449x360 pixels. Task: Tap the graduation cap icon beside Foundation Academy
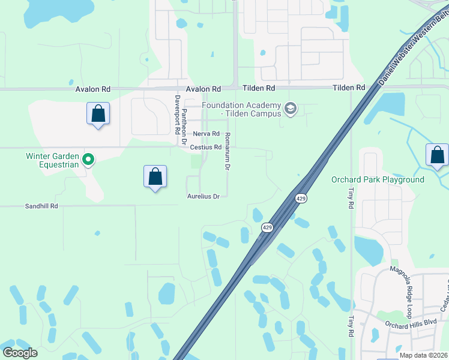point(291,108)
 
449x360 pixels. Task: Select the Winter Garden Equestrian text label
point(52,160)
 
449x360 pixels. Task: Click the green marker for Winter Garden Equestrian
point(88,160)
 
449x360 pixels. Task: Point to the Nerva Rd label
point(206,134)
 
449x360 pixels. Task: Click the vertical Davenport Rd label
point(177,114)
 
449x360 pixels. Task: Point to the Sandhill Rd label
point(41,206)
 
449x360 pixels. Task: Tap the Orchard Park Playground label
point(378,179)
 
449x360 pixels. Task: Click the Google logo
point(20,353)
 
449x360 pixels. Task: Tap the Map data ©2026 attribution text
point(423,355)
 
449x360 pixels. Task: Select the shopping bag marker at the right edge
point(438,155)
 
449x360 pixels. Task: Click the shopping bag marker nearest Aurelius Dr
point(155,177)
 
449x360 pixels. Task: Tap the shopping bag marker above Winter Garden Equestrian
point(98,113)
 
